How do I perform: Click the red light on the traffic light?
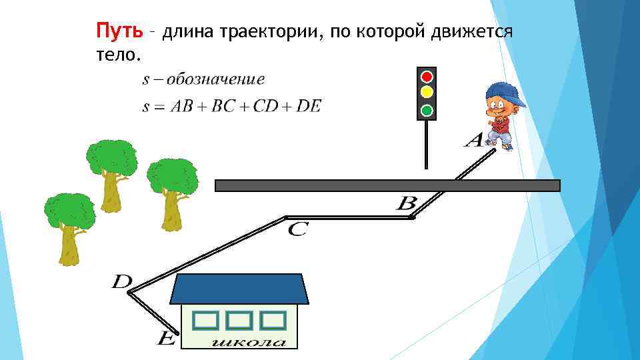(x=427, y=76)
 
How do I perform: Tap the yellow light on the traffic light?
(x=427, y=93)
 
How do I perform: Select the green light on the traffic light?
(x=427, y=109)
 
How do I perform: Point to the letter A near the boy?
(x=474, y=141)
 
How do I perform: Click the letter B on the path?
(x=406, y=203)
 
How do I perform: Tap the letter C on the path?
(x=297, y=230)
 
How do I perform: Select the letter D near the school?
(x=121, y=282)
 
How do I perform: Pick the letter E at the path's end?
(x=165, y=340)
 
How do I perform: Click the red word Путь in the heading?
(x=119, y=31)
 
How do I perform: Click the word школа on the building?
(x=249, y=343)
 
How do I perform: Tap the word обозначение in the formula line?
(x=215, y=80)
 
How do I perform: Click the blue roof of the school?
(x=240, y=289)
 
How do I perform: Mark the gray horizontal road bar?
(x=387, y=185)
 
